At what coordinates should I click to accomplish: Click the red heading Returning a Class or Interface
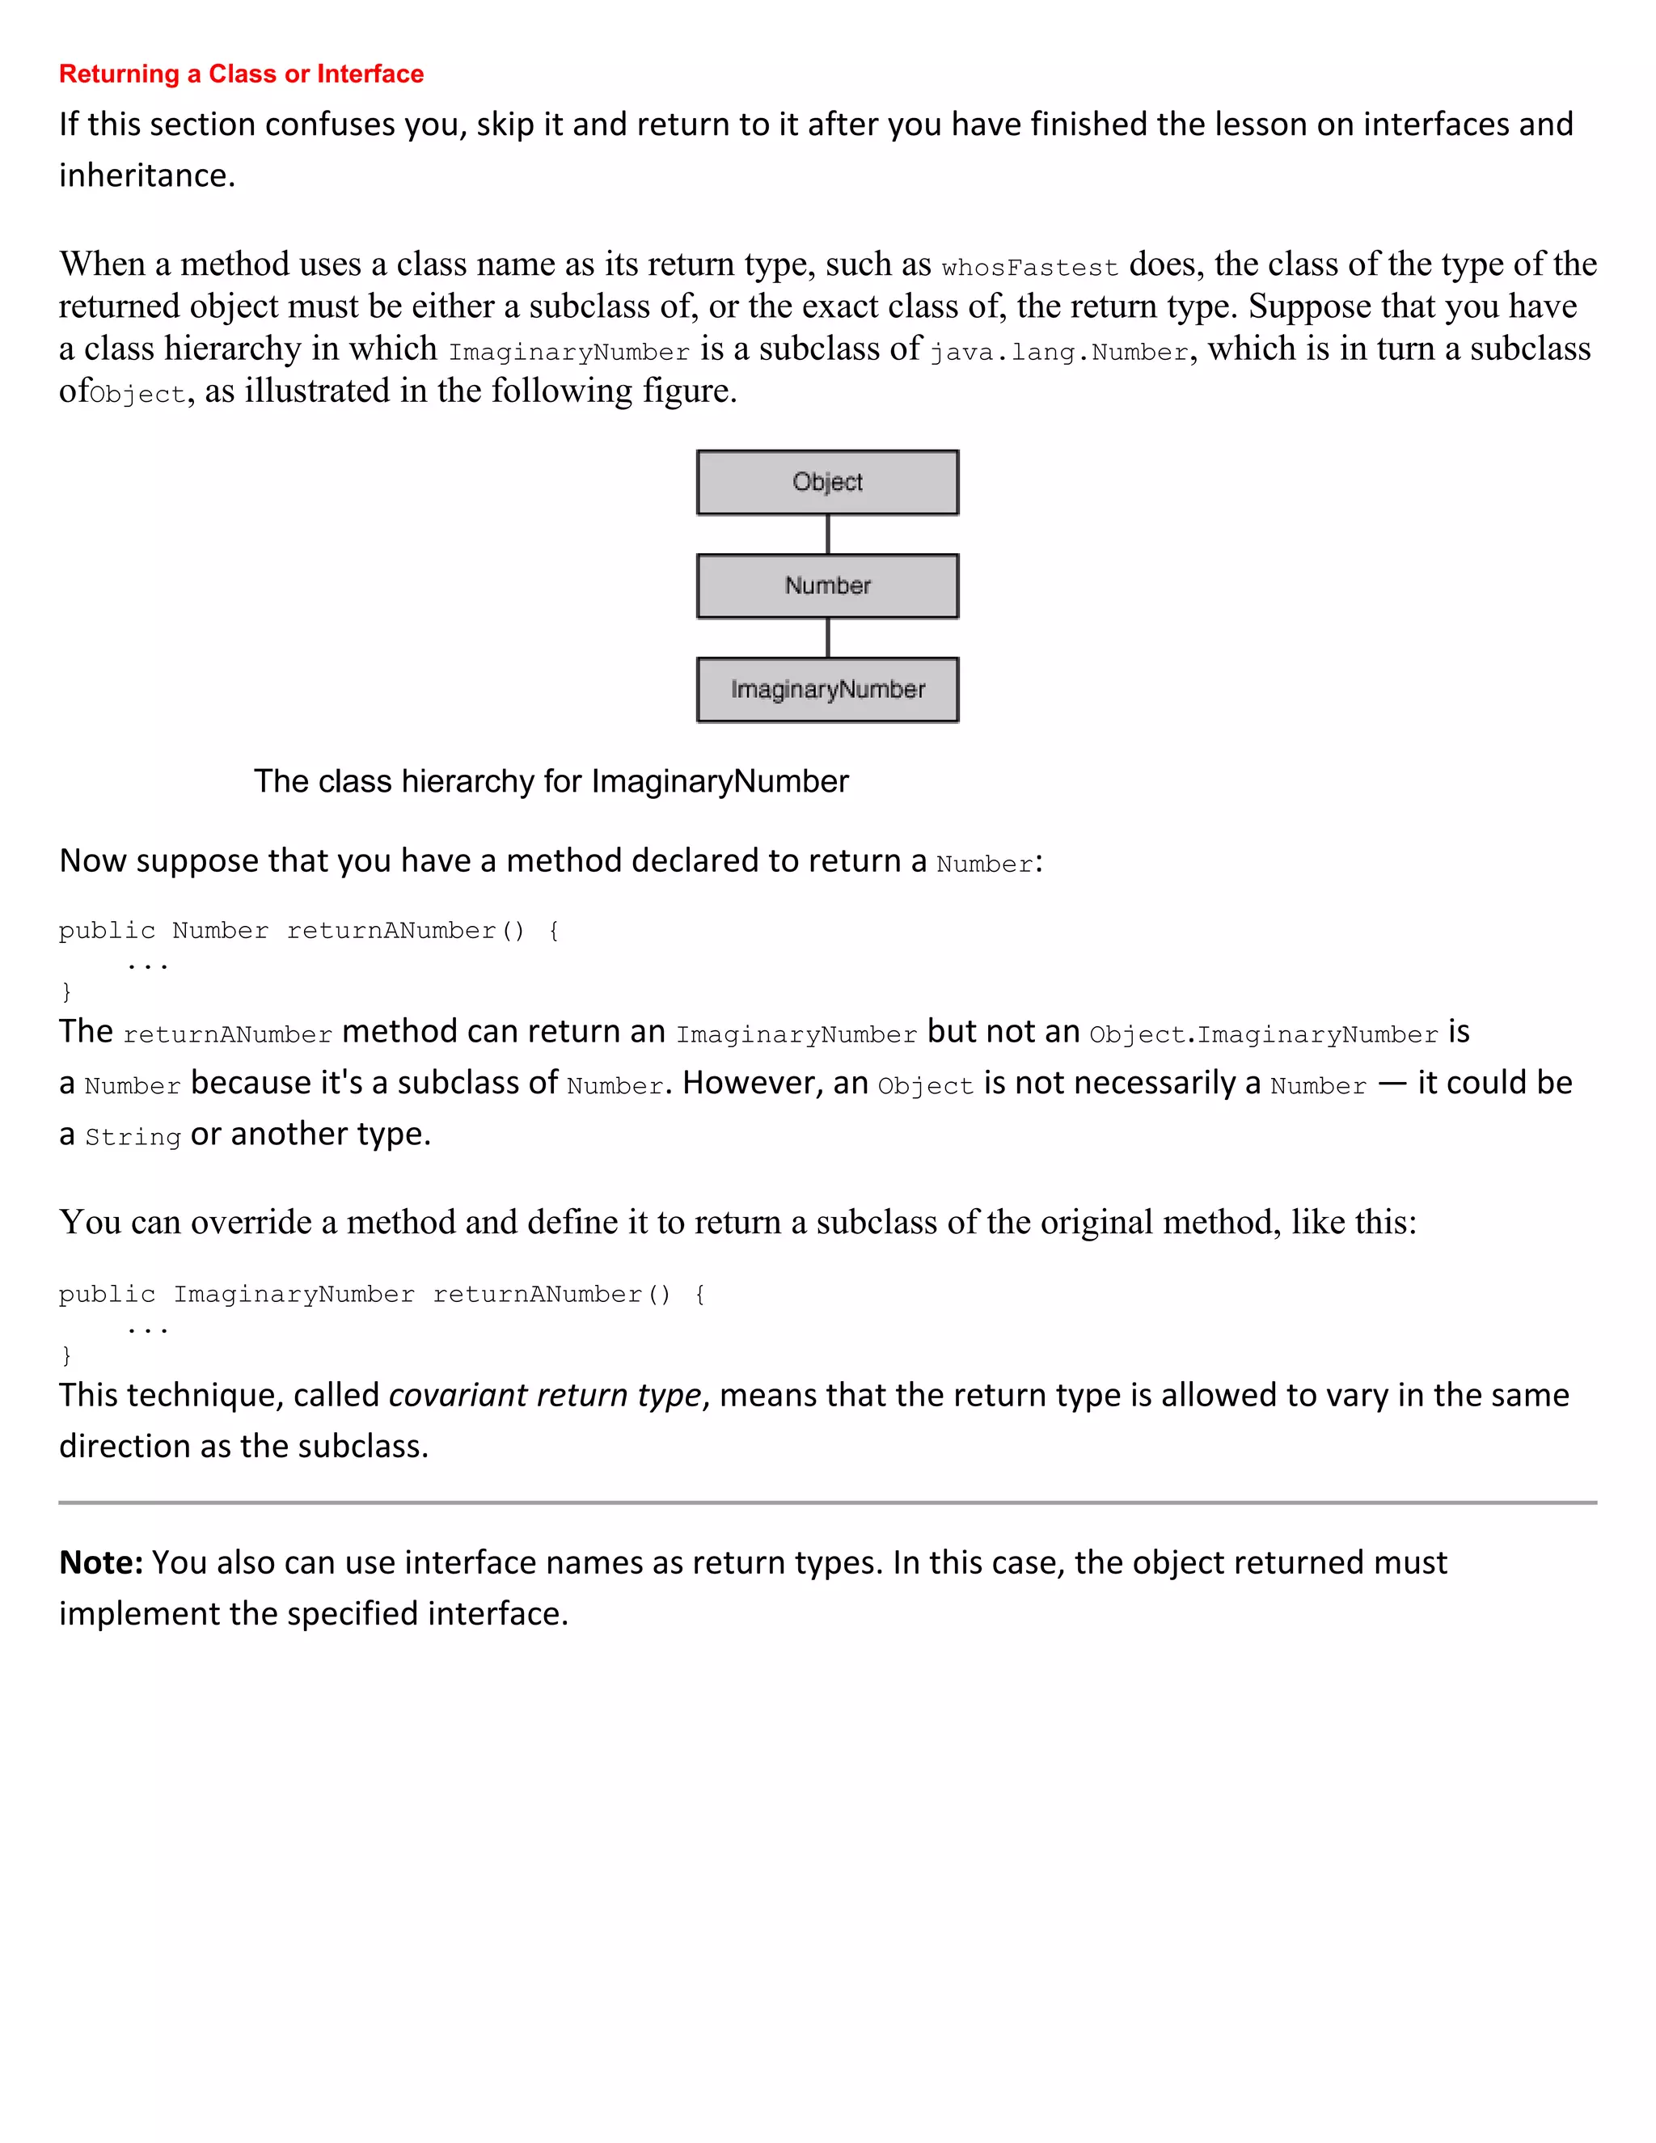[x=241, y=74]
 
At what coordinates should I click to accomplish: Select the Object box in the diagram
[x=827, y=482]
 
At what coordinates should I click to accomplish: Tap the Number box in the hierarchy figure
[x=827, y=585]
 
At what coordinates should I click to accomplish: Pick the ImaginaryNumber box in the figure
[x=827, y=690]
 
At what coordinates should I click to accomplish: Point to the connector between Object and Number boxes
[x=828, y=534]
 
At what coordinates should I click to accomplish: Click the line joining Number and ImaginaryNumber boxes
[x=828, y=638]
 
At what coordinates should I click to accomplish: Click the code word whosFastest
[x=1029, y=268]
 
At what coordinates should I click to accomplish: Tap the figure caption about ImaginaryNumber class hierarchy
[x=551, y=781]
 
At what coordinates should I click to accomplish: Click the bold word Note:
[x=101, y=1562]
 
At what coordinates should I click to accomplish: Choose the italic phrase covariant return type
[x=546, y=1394]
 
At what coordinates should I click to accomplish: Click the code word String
[x=133, y=1137]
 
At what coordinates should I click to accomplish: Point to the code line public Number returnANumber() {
[x=309, y=930]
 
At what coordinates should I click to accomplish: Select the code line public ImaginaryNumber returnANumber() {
[x=382, y=1294]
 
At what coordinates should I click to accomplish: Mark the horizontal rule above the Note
[x=827, y=1503]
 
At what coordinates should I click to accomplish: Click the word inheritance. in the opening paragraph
[x=147, y=175]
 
